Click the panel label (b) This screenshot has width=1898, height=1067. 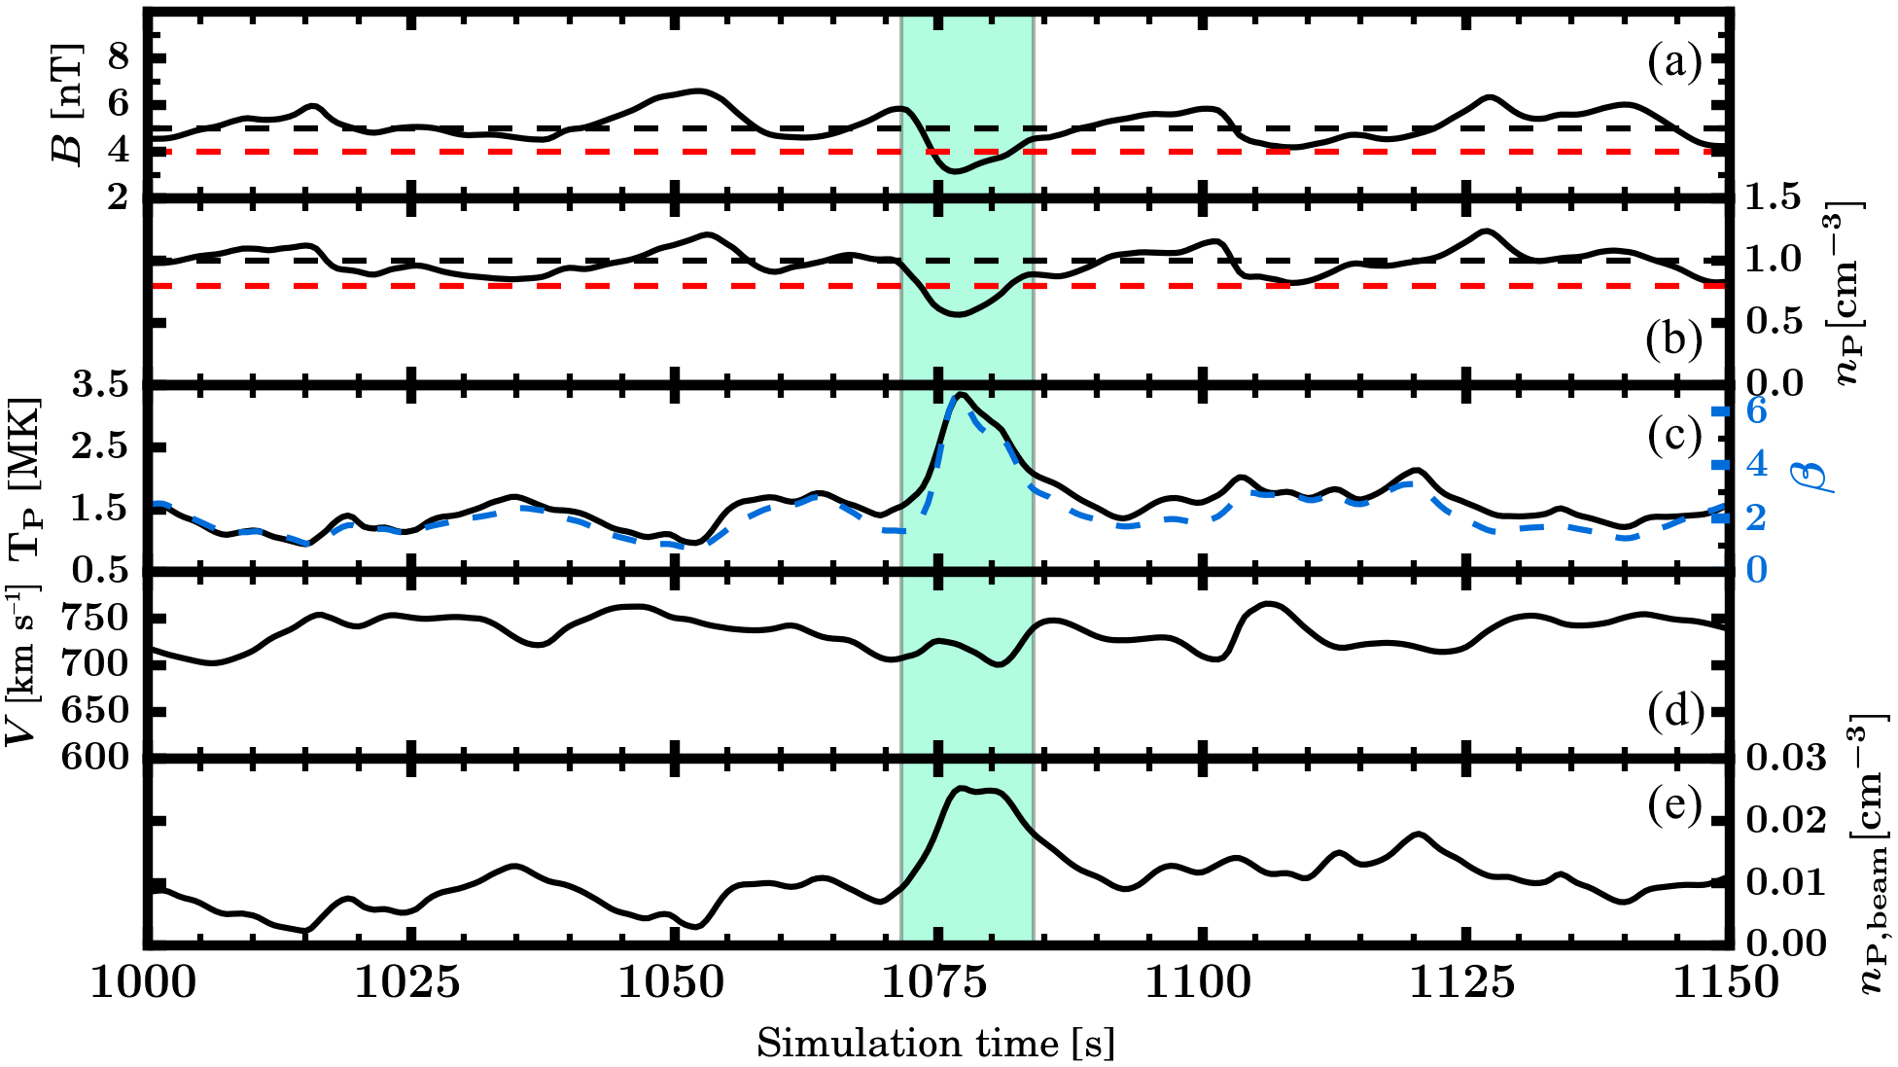pos(1674,339)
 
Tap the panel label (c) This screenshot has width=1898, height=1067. pos(1674,435)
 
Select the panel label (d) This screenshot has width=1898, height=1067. pos(1674,713)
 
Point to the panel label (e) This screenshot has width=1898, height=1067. pos(1674,805)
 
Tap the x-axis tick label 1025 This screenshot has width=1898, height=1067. pos(407,983)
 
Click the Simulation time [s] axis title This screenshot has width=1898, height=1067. pos(935,1044)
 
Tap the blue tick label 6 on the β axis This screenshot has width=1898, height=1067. pos(1756,411)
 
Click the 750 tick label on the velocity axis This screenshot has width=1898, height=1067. pos(94,619)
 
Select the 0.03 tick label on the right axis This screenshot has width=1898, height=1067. pos(1787,757)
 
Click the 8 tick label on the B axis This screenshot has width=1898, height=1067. pos(118,58)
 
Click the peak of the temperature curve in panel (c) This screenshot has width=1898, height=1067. pos(961,395)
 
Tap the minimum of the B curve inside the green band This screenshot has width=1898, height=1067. pos(957,171)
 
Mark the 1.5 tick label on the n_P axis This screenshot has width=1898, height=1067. pos(1775,198)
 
